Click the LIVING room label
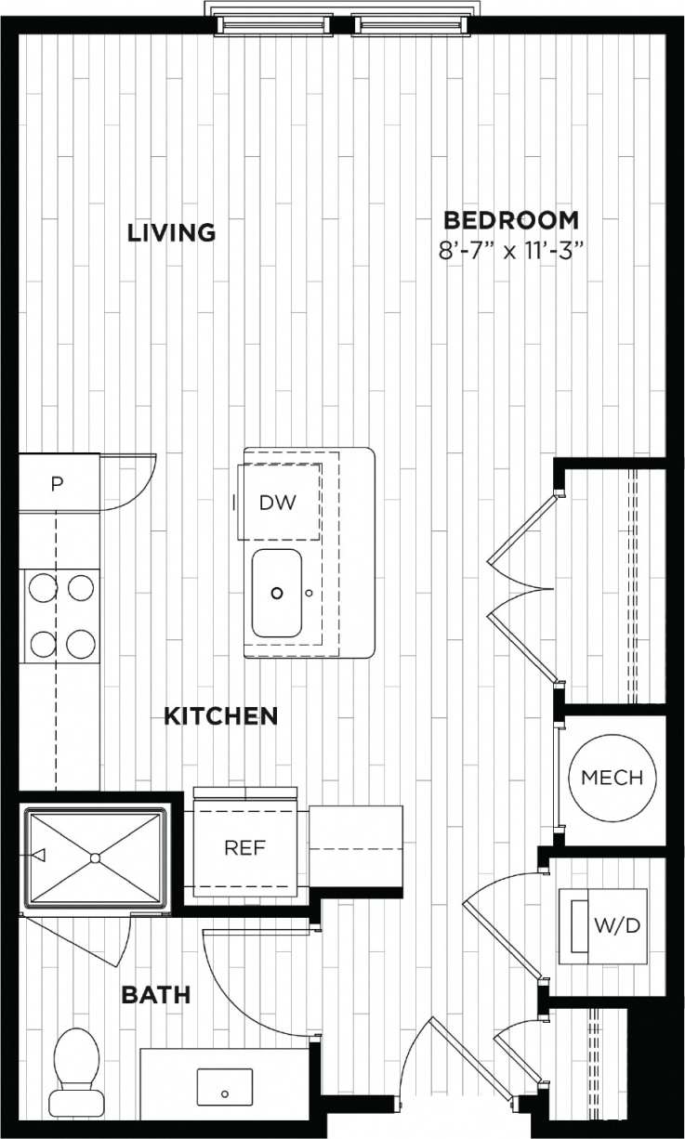(171, 231)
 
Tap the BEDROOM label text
(510, 220)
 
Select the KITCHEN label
(220, 716)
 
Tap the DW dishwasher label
(277, 503)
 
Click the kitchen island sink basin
(277, 592)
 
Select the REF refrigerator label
(244, 847)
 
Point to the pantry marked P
(58, 484)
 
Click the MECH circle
(612, 777)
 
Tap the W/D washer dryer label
(617, 926)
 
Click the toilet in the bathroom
(76, 1068)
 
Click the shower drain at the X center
(95, 855)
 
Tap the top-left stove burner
(42, 587)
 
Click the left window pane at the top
(274, 24)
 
